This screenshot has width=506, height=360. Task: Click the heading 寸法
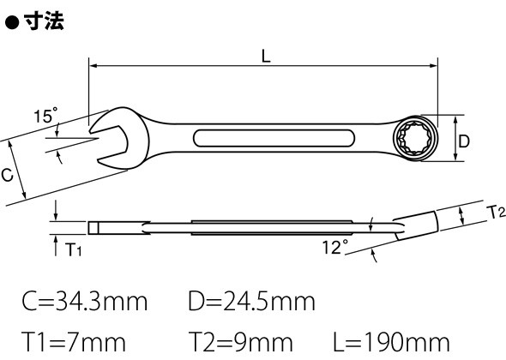tap(44, 21)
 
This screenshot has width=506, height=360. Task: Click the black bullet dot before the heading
tap(12, 23)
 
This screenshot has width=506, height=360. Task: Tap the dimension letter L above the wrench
tap(266, 57)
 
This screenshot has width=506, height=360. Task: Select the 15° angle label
tap(45, 115)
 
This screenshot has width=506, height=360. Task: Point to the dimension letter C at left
tap(7, 175)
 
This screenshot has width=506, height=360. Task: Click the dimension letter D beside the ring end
tap(464, 141)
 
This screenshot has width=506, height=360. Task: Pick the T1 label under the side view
tap(73, 249)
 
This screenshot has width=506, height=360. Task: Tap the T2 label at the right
tap(496, 213)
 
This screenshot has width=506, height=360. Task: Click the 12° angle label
tap(335, 247)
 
